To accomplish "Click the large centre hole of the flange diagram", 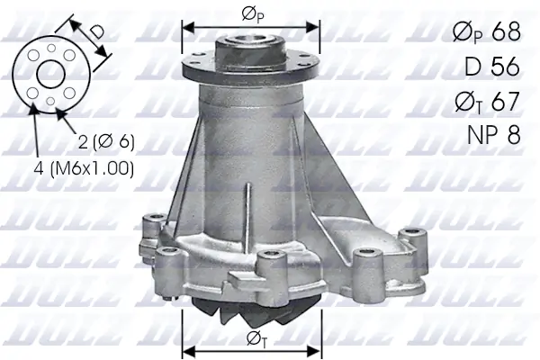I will (x=50, y=75).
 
